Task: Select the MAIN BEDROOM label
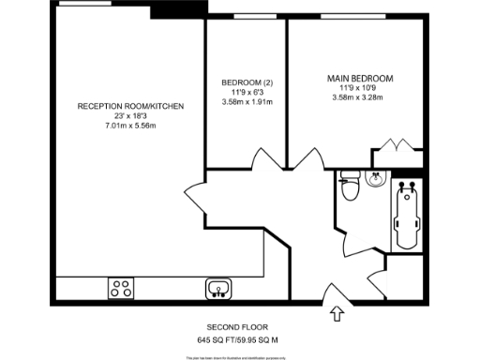pos(359,78)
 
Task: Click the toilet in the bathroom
pos(350,187)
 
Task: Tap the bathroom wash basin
pos(377,178)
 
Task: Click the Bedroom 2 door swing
pos(265,161)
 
